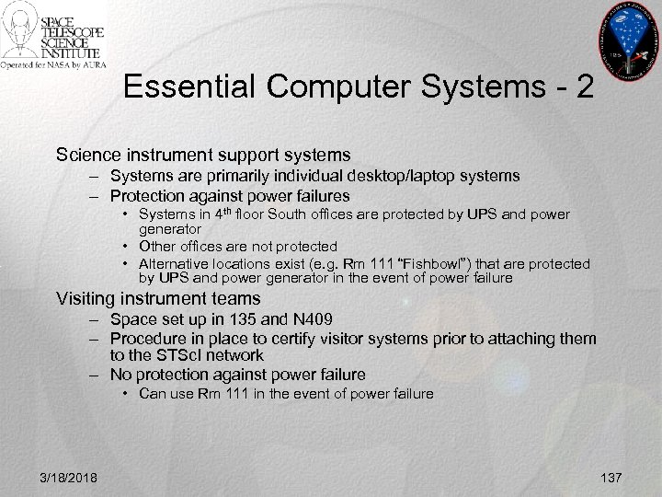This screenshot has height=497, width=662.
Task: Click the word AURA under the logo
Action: pyautogui.click(x=93, y=65)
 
